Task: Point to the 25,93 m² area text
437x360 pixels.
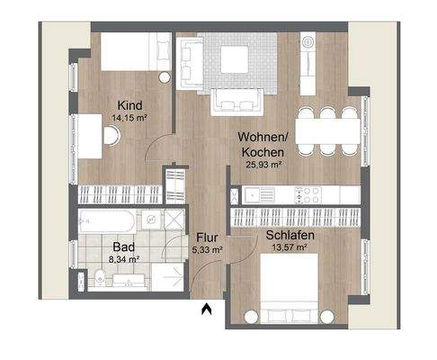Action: [x=265, y=166]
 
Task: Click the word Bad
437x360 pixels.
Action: [x=123, y=246]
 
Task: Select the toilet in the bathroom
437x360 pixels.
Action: [x=91, y=278]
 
